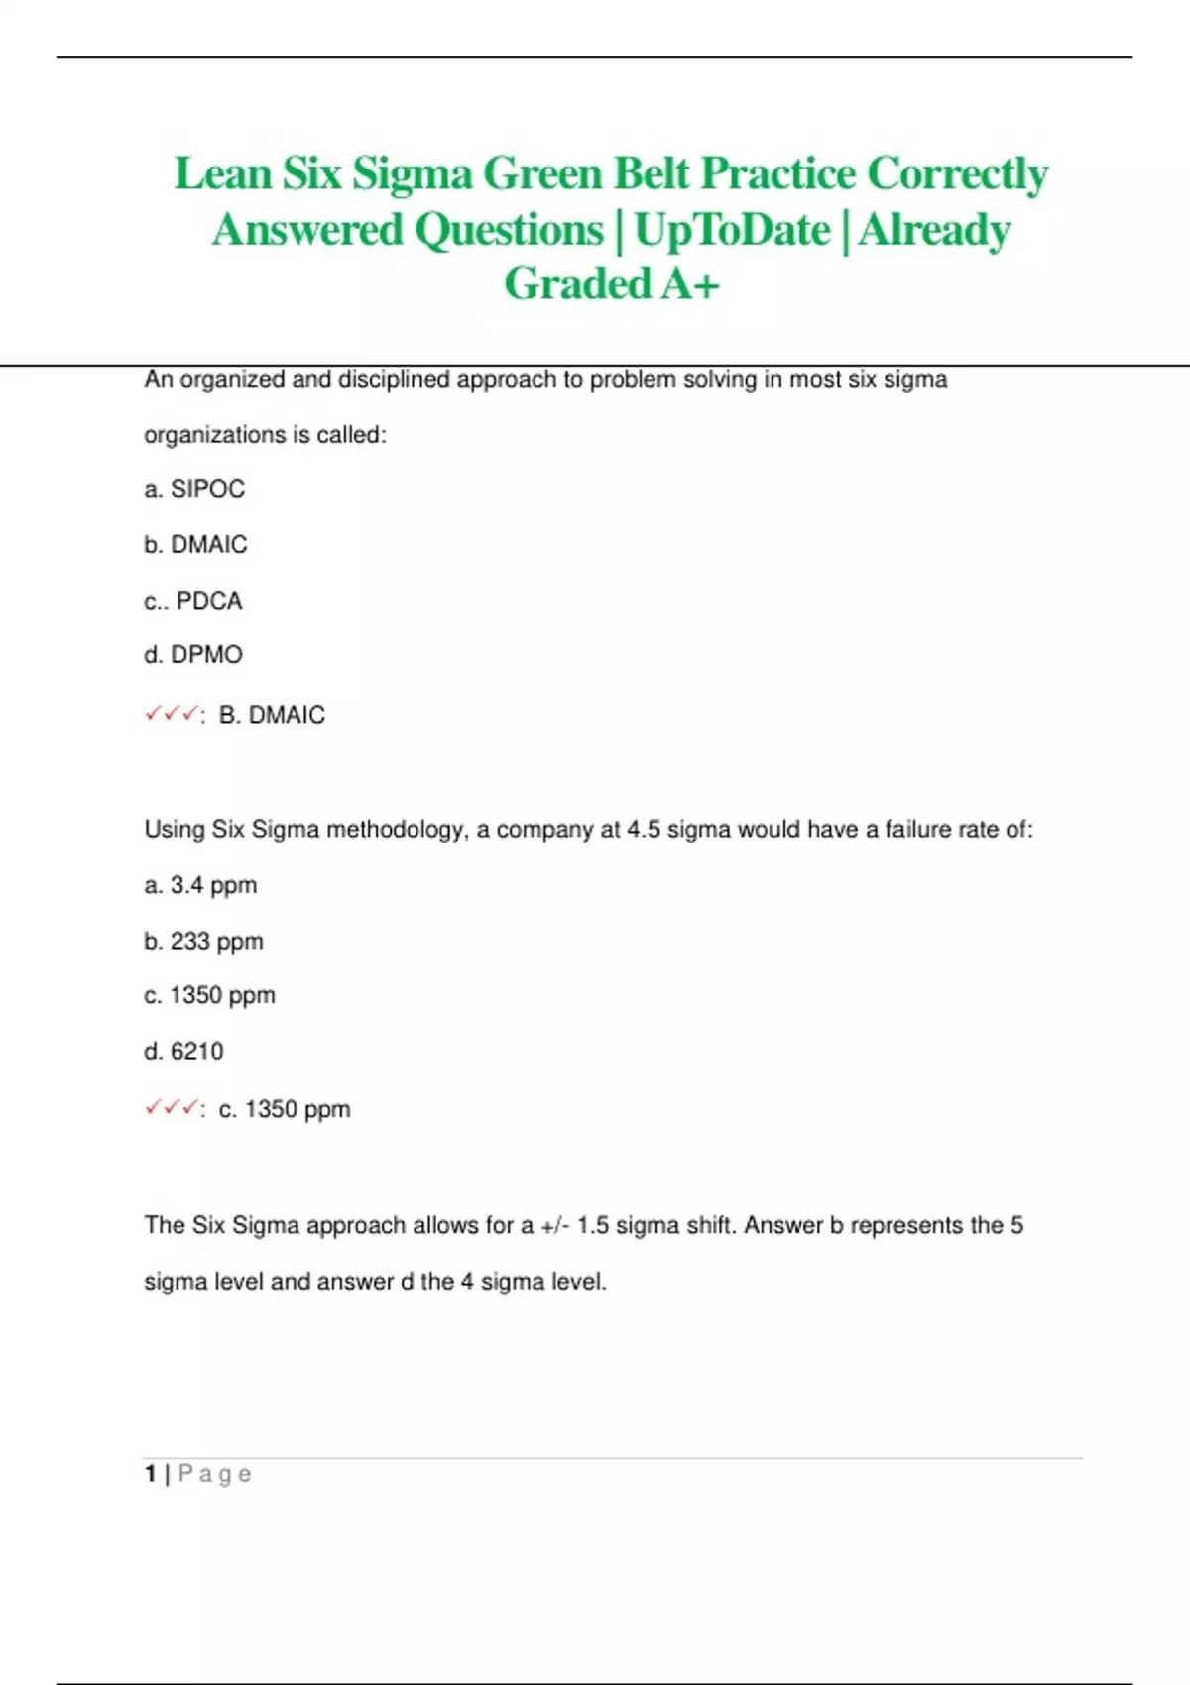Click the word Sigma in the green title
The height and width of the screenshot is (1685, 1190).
coord(412,174)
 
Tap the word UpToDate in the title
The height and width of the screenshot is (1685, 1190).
coord(732,230)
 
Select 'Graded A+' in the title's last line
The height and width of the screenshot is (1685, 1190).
coord(611,284)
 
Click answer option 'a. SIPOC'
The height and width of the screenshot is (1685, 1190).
coord(194,489)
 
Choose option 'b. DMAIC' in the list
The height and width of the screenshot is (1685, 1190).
coord(195,544)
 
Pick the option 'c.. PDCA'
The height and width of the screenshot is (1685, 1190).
coord(193,601)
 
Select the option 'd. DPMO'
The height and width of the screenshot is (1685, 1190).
coord(193,655)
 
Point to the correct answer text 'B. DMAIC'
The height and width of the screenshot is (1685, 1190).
coord(272,715)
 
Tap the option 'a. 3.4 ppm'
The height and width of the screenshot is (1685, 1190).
coord(200,885)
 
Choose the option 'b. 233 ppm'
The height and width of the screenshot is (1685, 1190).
coord(203,941)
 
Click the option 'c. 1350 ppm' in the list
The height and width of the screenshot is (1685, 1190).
coord(209,995)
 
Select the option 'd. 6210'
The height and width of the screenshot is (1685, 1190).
coord(183,1051)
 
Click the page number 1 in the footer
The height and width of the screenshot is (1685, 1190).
coord(150,1474)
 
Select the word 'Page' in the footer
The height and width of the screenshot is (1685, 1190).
coord(215,1474)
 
